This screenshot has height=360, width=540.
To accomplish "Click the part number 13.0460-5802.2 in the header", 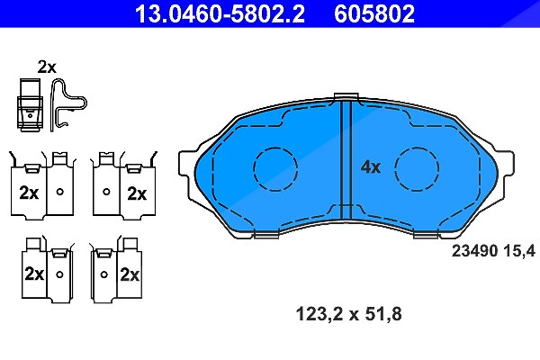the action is click(x=220, y=13).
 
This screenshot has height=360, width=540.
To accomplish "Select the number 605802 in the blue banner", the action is click(x=374, y=13).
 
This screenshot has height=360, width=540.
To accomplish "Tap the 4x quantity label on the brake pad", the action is click(x=371, y=167).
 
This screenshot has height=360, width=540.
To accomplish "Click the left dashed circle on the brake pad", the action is click(x=275, y=169).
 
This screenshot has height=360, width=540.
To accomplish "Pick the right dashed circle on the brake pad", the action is click(x=417, y=169).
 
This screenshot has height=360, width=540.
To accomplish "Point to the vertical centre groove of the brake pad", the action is click(x=346, y=160).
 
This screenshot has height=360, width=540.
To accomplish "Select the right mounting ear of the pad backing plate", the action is click(x=506, y=163).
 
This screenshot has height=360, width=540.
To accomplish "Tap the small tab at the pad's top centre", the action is click(x=346, y=96).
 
